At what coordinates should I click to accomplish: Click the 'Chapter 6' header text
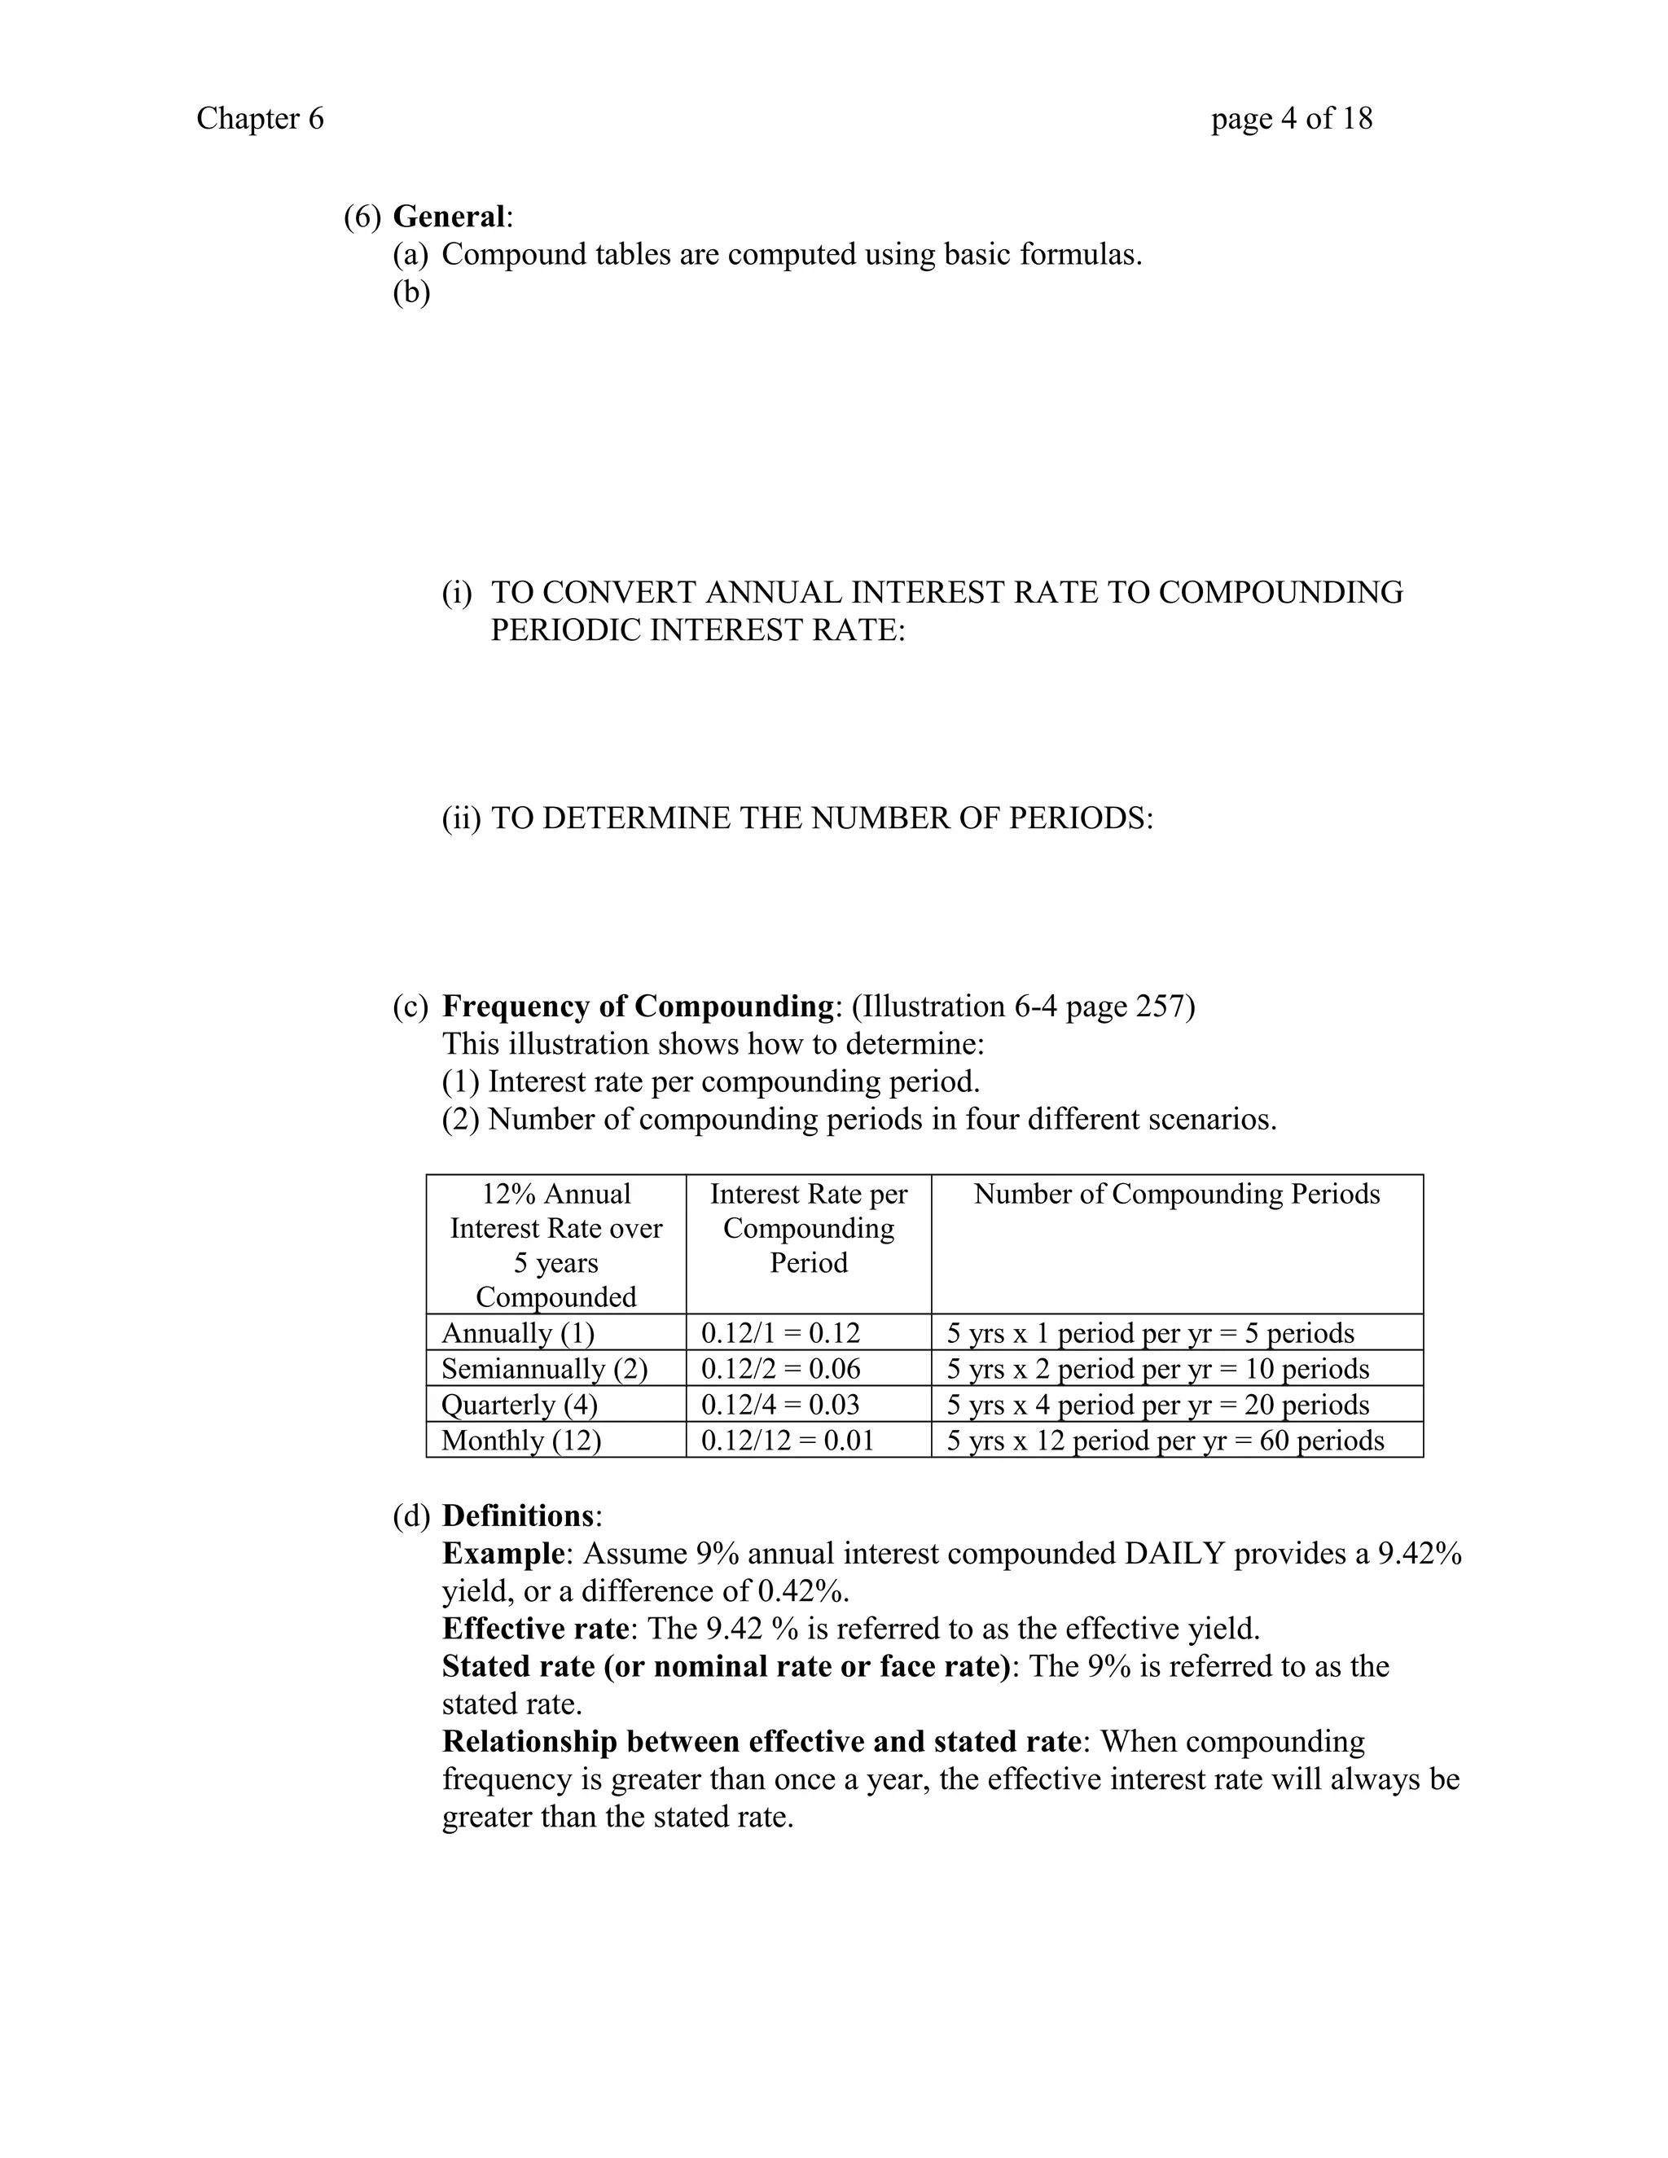260,119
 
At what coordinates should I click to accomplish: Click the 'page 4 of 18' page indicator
1292,119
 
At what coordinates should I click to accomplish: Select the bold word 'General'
449,217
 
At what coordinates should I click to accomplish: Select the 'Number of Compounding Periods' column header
1176,1194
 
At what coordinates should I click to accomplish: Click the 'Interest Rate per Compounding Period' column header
808,1228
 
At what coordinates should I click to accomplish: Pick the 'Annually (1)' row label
518,1333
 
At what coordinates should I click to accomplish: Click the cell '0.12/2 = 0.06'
780,1369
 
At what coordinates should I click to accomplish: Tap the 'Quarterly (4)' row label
520,1404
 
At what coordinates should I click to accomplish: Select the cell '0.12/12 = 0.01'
788,1440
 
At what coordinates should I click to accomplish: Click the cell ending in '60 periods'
1165,1440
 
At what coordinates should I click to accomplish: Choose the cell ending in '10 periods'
1157,1369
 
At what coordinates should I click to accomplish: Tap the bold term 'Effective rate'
534,1629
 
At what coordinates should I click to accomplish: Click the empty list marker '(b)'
411,292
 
